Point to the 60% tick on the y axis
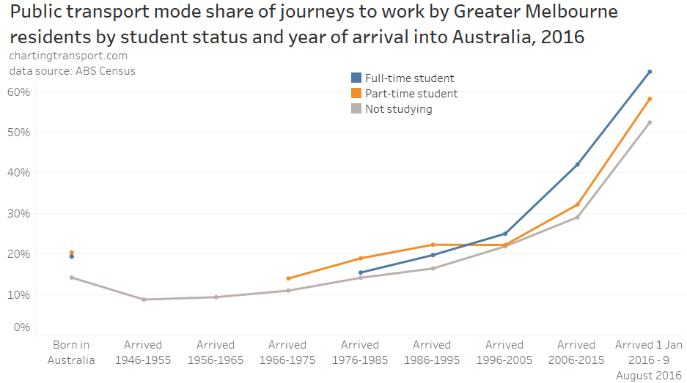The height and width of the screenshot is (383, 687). tap(18, 92)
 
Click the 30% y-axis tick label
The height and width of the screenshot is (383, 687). tap(18, 214)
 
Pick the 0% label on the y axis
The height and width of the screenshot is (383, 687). tap(21, 327)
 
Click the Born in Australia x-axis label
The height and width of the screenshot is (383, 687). tap(71, 352)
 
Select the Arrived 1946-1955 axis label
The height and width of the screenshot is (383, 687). tap(143, 352)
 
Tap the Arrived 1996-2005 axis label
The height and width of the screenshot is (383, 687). tap(504, 352)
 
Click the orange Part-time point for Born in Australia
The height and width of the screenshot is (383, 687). tap(71, 253)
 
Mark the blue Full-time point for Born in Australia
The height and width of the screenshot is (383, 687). tap(71, 257)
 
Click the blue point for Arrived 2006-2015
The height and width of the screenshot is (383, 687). tap(577, 165)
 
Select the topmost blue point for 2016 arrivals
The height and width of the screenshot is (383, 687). tap(650, 72)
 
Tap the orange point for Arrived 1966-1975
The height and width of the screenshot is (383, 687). tap(288, 278)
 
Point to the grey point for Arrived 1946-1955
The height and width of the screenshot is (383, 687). tap(144, 300)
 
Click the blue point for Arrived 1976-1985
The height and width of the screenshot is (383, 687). tap(360, 272)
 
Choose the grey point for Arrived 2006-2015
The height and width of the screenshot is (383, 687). tap(577, 217)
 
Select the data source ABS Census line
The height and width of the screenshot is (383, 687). tap(72, 71)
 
